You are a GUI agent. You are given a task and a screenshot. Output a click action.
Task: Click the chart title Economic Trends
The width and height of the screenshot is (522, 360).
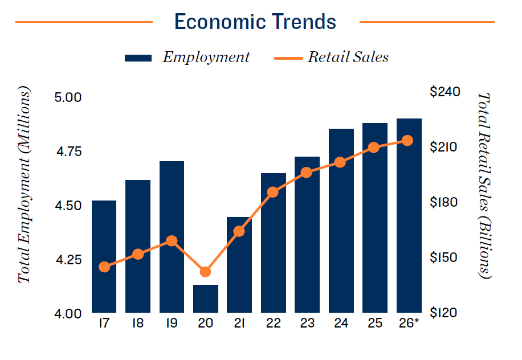click(x=255, y=22)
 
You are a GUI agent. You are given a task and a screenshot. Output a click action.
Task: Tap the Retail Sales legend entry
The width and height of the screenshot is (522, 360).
click(x=331, y=57)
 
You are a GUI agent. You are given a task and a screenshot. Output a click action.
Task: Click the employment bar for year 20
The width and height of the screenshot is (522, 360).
click(x=206, y=298)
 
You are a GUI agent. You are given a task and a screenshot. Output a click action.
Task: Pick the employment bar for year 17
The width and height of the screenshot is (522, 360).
click(x=104, y=256)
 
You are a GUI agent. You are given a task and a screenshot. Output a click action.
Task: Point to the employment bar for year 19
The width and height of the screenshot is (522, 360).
click(x=172, y=237)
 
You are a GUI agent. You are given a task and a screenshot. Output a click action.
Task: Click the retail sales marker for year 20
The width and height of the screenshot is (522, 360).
click(x=206, y=272)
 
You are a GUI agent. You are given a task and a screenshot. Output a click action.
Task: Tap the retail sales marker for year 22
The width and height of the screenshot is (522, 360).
click(x=273, y=192)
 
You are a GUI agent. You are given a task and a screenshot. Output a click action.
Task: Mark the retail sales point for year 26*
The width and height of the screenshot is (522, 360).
click(x=408, y=140)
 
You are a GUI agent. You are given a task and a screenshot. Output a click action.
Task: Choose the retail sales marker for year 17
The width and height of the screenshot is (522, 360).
click(x=104, y=267)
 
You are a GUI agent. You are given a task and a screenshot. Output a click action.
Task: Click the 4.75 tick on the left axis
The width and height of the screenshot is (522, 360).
click(x=69, y=151)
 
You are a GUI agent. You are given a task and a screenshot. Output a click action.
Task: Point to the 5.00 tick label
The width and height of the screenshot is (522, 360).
click(x=69, y=97)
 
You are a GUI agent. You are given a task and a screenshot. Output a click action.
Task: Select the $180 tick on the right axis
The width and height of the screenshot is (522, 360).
click(x=444, y=202)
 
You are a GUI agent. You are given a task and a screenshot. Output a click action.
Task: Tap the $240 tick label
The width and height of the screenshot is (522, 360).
click(x=444, y=92)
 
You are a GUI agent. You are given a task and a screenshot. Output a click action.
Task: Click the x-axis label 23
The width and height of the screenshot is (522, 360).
click(x=307, y=324)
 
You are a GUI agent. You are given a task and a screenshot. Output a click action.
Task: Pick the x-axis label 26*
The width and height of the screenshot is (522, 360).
click(x=408, y=324)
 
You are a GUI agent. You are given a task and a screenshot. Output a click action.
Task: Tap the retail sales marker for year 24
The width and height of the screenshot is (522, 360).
click(x=340, y=162)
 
